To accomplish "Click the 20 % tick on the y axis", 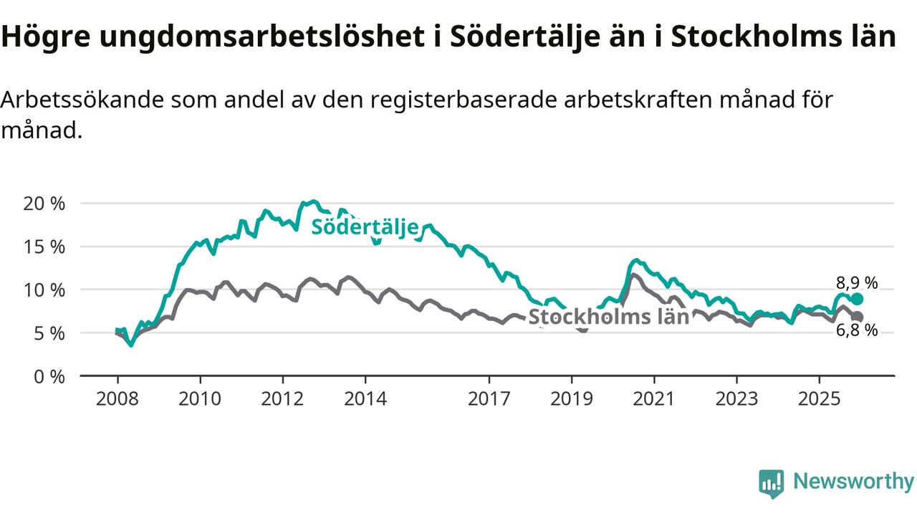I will [44, 203].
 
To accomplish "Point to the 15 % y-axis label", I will [44, 247].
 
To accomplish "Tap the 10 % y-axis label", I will [44, 290].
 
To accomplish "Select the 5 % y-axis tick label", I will [49, 333].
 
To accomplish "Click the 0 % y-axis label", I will [49, 376].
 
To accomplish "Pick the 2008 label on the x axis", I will [117, 398].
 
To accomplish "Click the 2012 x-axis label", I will [282, 398].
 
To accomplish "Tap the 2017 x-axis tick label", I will [489, 398].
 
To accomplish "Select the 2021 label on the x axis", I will [654, 398].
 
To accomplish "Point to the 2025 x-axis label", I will [820, 398].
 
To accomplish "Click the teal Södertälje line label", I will [364, 228].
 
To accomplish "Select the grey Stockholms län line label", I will [608, 317].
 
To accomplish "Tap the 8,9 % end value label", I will [857, 282].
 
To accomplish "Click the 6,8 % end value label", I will [857, 330].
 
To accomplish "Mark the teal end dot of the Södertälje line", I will [858, 299].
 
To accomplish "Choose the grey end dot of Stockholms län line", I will [858, 317].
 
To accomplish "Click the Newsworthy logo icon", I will [771, 483].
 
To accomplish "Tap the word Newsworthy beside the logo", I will [853, 482].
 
